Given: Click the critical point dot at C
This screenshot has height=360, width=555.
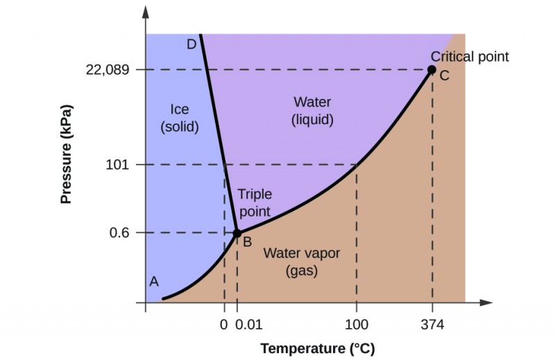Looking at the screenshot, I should (x=432, y=69).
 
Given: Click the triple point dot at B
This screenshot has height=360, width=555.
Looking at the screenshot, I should (x=237, y=233).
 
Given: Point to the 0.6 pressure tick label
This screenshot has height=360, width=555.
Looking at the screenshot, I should (x=121, y=233).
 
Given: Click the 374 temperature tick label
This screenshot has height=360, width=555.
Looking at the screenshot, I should (x=432, y=324).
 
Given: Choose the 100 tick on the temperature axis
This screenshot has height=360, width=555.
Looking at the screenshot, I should (x=357, y=324).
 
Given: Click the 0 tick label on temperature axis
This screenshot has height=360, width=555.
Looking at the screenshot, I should (x=223, y=324).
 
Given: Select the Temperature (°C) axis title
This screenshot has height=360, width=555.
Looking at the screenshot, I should (x=313, y=348).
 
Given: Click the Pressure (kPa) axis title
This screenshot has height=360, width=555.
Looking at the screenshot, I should (x=67, y=154).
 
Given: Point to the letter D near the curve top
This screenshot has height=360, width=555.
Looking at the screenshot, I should (x=191, y=45).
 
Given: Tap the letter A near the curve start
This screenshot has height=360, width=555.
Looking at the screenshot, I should (x=154, y=281).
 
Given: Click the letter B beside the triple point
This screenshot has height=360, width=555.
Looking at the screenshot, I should (x=246, y=242).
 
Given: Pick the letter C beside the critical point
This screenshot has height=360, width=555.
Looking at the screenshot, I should (x=444, y=76).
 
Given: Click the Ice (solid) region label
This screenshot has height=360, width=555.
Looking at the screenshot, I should (x=180, y=119).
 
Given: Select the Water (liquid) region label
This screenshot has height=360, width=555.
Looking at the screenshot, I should (x=312, y=111).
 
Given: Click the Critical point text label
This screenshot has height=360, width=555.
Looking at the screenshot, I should (x=470, y=57).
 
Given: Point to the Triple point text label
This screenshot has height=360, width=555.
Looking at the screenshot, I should (x=255, y=203).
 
